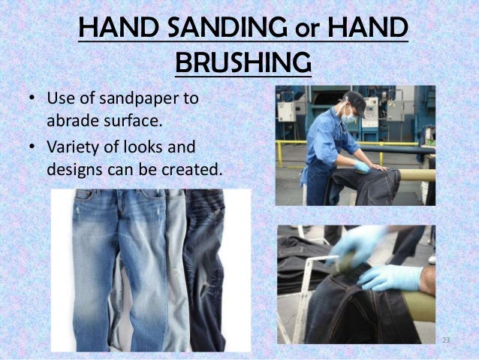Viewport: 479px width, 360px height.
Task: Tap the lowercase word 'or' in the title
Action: click(308, 32)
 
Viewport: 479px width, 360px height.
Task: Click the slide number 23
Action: click(446, 342)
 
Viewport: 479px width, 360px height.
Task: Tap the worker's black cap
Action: click(354, 100)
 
